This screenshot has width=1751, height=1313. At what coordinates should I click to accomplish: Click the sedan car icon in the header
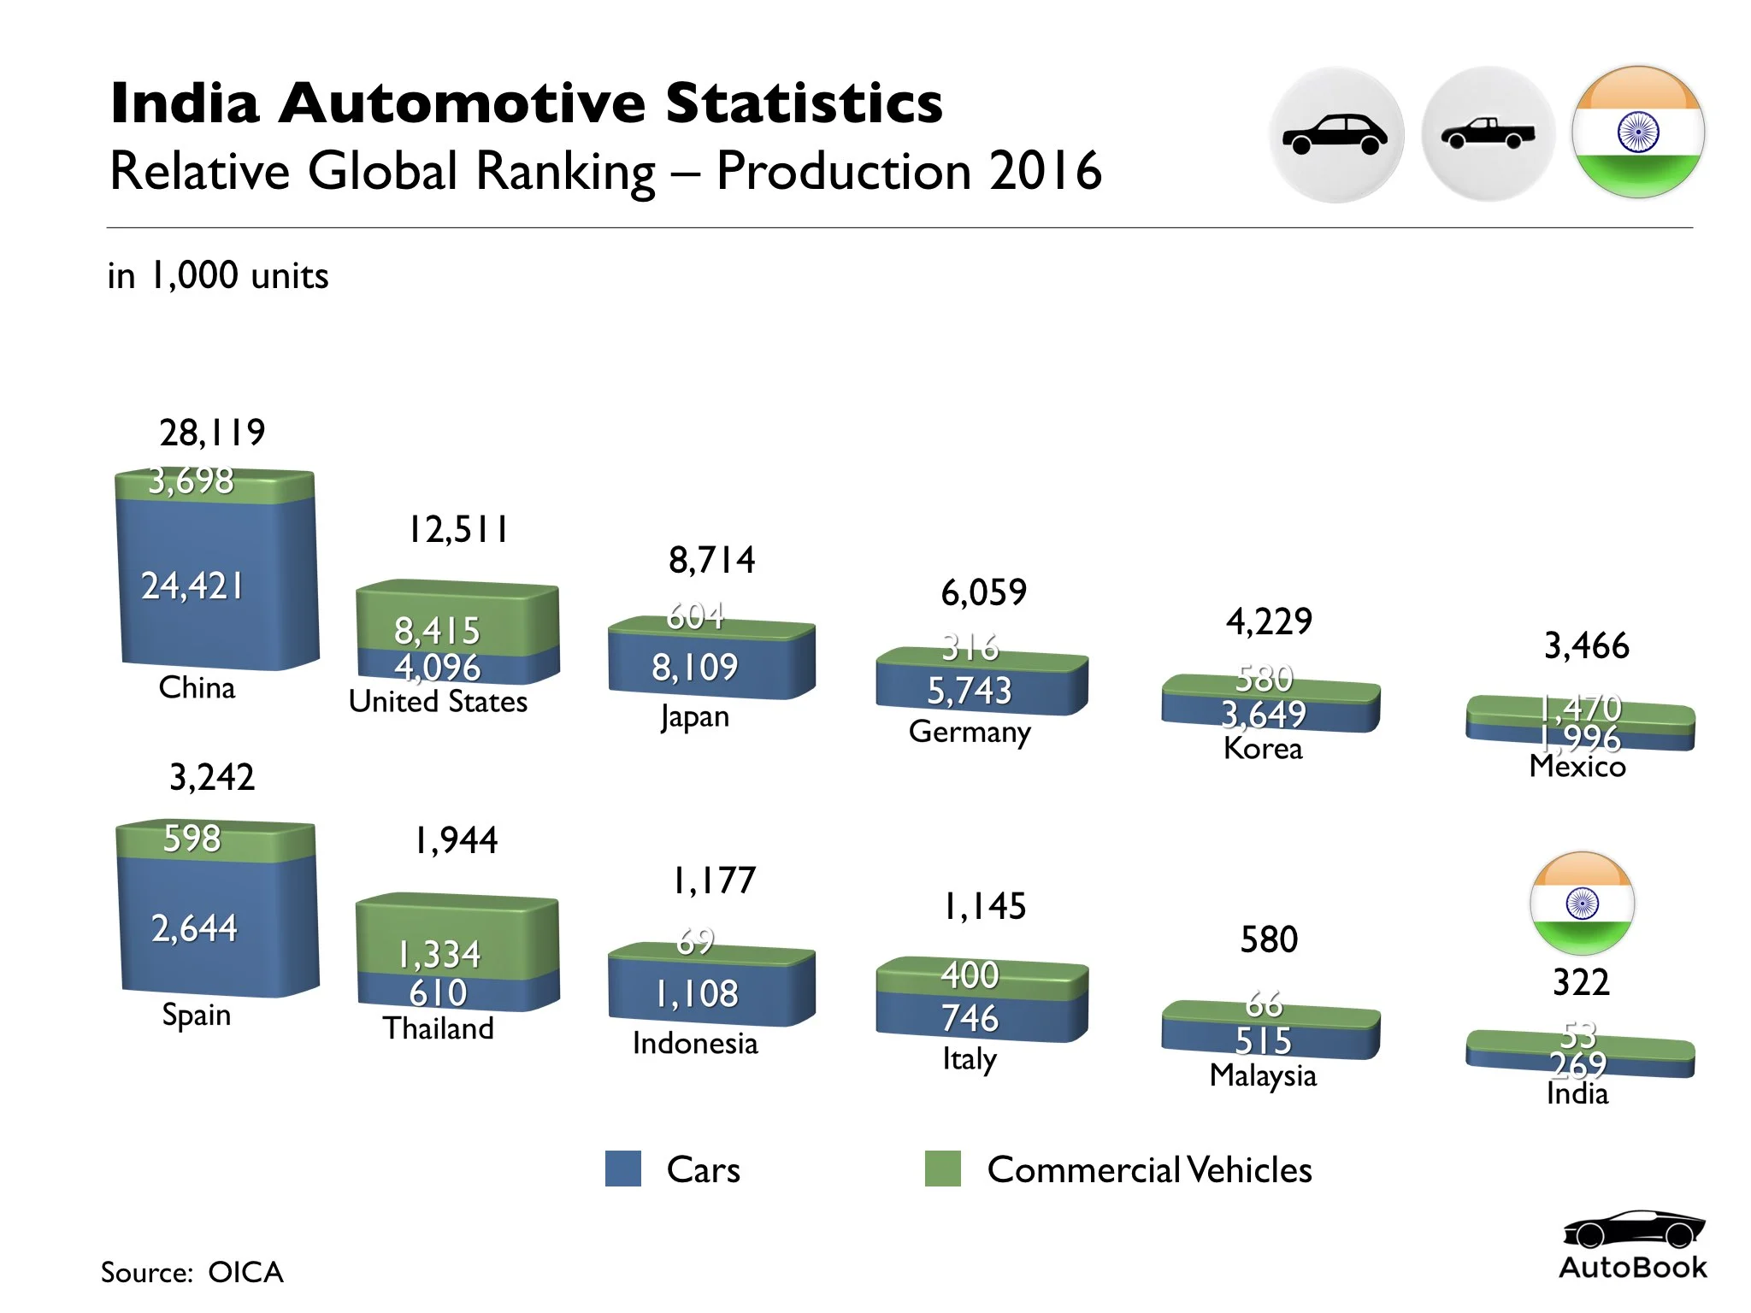pyautogui.click(x=1335, y=134)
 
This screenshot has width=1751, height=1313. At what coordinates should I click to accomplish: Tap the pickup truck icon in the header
pyautogui.click(x=1488, y=133)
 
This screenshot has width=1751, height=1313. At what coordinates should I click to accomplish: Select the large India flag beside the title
pyautogui.click(x=1638, y=132)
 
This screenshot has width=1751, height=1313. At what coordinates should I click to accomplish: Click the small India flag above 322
pyautogui.click(x=1582, y=903)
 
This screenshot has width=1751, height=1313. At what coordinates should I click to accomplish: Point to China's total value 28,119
pyautogui.click(x=212, y=433)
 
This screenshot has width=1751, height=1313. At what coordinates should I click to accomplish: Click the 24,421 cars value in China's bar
pyautogui.click(x=192, y=586)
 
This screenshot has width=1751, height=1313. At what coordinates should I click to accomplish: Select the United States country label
pyautogui.click(x=438, y=701)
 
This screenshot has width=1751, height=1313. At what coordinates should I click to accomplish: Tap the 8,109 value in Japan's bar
pyautogui.click(x=694, y=667)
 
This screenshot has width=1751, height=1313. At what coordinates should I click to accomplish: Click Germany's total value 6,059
pyautogui.click(x=983, y=592)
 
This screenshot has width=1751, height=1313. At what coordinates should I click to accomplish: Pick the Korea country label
pyautogui.click(x=1263, y=748)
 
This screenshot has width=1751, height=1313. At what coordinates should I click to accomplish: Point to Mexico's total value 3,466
pyautogui.click(x=1586, y=645)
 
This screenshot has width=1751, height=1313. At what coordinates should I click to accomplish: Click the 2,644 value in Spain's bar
pyautogui.click(x=194, y=927)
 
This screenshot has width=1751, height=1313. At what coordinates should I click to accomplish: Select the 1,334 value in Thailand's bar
pyautogui.click(x=439, y=954)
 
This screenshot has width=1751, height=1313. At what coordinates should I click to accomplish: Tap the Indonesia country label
pyautogui.click(x=695, y=1043)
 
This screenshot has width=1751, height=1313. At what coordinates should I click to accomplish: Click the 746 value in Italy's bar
pyautogui.click(x=970, y=1018)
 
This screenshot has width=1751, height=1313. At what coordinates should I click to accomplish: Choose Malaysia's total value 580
pyautogui.click(x=1269, y=939)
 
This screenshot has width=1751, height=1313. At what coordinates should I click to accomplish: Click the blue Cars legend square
pyautogui.click(x=622, y=1169)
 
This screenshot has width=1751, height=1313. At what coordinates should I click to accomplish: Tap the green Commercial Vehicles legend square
pyautogui.click(x=942, y=1169)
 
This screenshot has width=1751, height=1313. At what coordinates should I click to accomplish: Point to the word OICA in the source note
pyautogui.click(x=245, y=1272)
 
